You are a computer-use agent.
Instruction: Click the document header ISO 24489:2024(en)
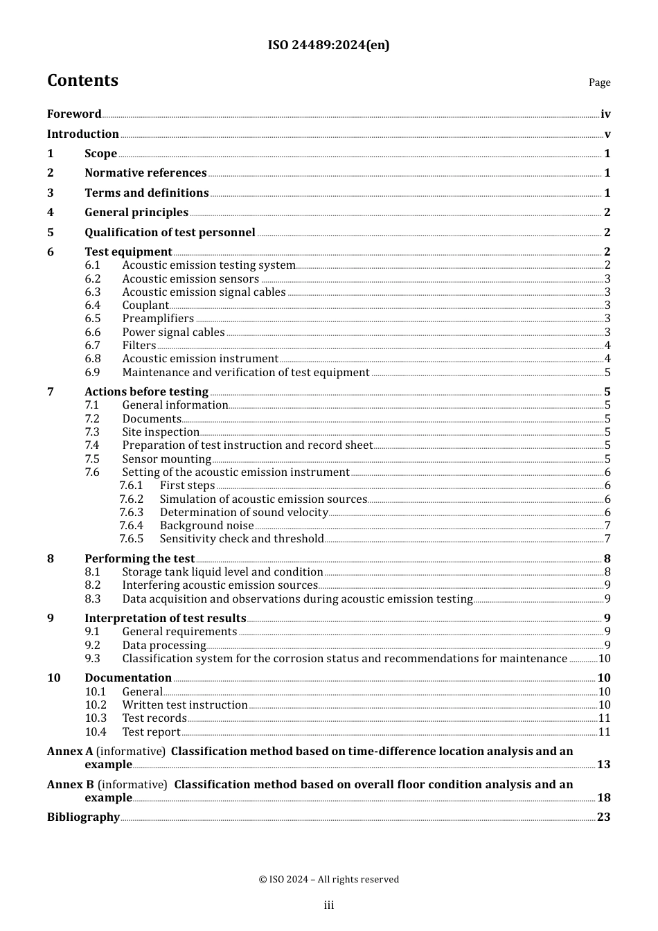tap(328, 45)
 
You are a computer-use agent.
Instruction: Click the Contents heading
tap(82, 80)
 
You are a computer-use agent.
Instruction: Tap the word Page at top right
tap(599, 82)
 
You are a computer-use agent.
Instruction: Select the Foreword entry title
tap(74, 114)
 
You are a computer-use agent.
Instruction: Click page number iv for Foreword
tap(605, 114)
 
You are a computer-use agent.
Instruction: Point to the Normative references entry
tap(145, 173)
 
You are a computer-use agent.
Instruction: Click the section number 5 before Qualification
tap(51, 233)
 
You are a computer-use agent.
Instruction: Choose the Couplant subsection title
tap(145, 305)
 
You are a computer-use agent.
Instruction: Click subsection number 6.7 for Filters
tap(93, 346)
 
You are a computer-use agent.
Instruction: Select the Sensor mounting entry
tap(166, 459)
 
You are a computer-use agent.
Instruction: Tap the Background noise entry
tap(206, 526)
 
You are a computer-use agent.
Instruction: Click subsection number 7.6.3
tap(131, 513)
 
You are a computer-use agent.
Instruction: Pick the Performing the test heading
tap(139, 559)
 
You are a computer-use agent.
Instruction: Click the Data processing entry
tap(164, 646)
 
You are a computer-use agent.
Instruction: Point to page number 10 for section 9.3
tap(604, 659)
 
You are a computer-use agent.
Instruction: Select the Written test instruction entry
tap(185, 705)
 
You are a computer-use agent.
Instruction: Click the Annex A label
tap(70, 752)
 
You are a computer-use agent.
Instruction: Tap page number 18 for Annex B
tap(603, 798)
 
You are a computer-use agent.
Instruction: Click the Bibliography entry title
tap(83, 817)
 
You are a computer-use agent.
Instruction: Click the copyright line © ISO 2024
tap(328, 880)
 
